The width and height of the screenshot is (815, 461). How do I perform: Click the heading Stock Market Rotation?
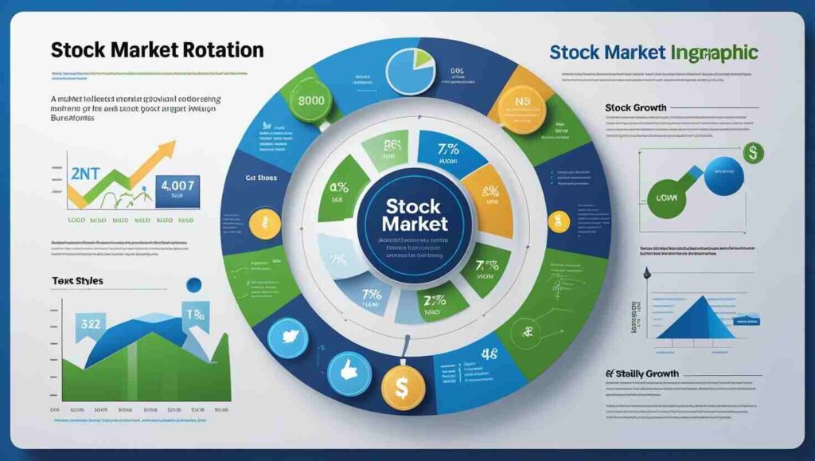157,49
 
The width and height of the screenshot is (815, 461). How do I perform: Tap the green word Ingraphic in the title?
712,53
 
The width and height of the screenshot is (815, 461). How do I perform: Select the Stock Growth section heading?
635,107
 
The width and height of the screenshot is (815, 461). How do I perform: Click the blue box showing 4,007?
178,191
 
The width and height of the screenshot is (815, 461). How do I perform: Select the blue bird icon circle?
288,338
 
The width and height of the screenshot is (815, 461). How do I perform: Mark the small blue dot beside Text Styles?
192,284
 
